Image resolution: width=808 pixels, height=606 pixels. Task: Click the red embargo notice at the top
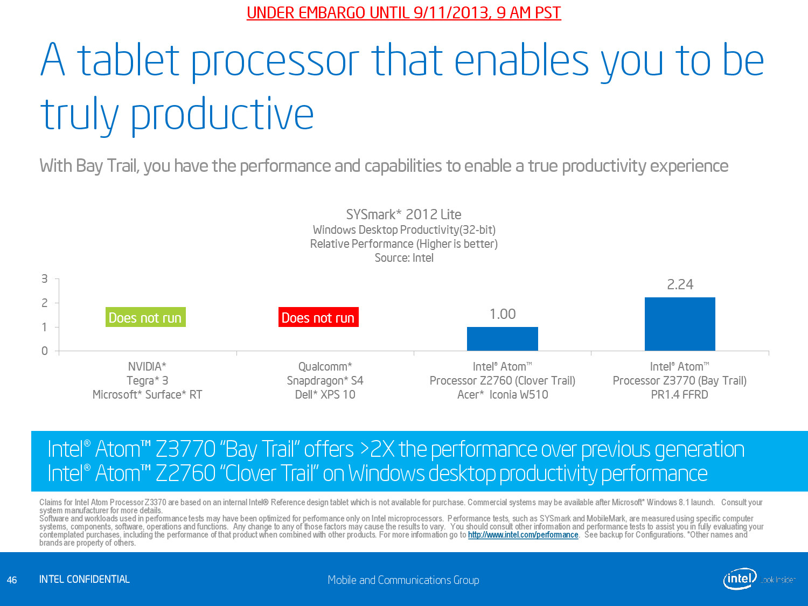click(403, 13)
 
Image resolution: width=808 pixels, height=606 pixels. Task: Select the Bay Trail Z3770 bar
click(680, 324)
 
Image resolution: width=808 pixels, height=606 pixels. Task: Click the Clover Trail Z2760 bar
click(502, 339)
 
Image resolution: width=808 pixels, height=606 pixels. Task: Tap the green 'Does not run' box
click(145, 317)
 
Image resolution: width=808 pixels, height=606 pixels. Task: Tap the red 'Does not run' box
click(318, 317)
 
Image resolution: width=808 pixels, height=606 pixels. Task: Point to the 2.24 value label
click(680, 284)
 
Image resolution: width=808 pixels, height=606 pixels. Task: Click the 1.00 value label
click(502, 314)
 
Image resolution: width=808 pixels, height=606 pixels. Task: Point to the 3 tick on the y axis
click(45, 278)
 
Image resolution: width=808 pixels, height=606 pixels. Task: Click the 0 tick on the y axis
click(45, 351)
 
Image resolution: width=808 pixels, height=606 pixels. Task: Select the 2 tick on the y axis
click(45, 303)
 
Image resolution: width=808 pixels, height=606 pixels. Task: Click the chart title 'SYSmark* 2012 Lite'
click(403, 214)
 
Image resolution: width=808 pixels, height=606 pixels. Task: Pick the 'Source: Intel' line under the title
click(403, 258)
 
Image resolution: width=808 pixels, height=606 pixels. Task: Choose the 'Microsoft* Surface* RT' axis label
click(147, 395)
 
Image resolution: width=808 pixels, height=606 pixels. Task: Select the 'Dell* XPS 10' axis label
click(325, 395)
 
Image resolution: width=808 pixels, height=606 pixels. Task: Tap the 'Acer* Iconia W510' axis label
click(502, 395)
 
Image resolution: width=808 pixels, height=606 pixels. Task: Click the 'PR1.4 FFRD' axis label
click(679, 395)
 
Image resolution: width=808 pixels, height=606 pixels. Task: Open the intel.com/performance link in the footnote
click(523, 535)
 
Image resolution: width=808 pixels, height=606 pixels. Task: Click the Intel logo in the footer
click(740, 579)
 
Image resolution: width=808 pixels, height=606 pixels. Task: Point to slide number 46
click(12, 580)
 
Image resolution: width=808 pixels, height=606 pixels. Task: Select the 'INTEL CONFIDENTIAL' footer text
click(85, 580)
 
